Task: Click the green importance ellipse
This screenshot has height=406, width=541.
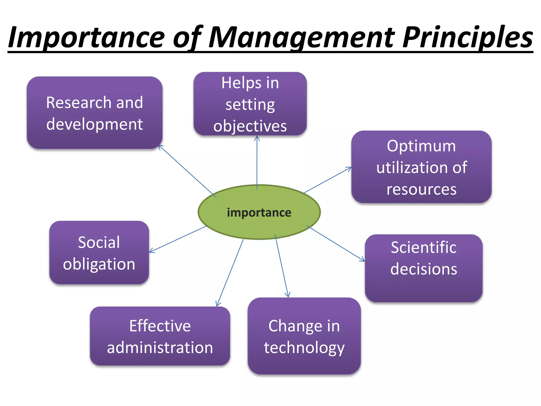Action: pos(259,212)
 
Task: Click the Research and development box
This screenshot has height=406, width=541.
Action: pos(95,113)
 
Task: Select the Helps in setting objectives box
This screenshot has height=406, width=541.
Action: pos(250,104)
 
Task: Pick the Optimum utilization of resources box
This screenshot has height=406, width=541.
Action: pos(421,167)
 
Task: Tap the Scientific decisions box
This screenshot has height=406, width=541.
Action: pos(424,268)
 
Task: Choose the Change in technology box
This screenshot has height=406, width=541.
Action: pos(304,336)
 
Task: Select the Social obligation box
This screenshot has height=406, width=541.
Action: pos(99,253)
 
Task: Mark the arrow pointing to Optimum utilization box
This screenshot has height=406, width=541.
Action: pos(327,180)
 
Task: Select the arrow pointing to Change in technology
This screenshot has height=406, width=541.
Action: pos(282,266)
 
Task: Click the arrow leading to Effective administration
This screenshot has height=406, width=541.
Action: pos(230,272)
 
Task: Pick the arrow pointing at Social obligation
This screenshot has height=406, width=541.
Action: pos(178,239)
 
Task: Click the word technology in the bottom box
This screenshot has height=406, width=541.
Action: pos(304,347)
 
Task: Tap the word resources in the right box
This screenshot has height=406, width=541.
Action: pos(421,189)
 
